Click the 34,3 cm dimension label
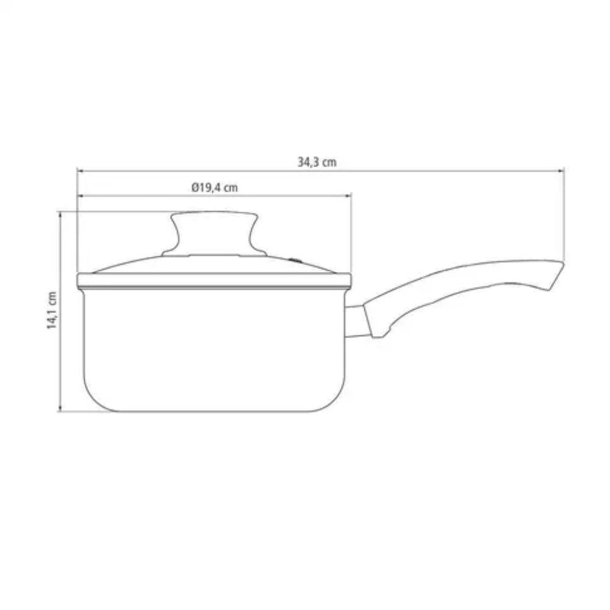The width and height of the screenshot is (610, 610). coord(317,162)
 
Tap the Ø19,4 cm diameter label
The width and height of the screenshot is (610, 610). coord(214,187)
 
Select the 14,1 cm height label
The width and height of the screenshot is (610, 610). coord(52,310)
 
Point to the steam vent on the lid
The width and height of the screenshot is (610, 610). coord(296,260)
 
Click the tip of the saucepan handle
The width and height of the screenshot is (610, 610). coord(563,263)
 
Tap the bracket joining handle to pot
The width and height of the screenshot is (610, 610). coord(356,321)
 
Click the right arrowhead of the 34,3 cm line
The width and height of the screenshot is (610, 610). coord(561,170)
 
